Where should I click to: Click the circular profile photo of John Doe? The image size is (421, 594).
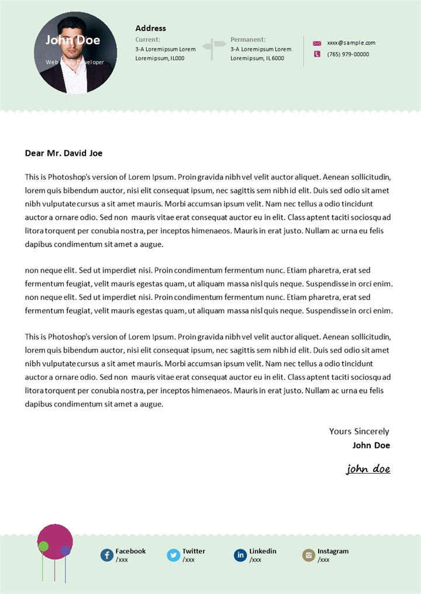pos(76,53)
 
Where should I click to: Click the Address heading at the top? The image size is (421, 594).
pos(150,28)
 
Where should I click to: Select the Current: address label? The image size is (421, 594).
pos(147,40)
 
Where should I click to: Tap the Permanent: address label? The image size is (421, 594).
pos(248,40)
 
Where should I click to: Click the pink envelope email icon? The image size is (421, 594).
pos(317,43)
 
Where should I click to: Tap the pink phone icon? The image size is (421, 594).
pos(317,54)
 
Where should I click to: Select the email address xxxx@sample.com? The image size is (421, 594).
pos(351,43)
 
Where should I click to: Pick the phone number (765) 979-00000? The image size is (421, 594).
pos(348,54)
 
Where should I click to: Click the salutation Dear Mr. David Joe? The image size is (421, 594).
pos(64,153)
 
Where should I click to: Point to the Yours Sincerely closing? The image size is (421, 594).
pos(359,432)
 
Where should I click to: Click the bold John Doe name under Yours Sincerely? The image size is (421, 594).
pos(371,445)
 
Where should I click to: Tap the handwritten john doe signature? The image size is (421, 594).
pos(368,469)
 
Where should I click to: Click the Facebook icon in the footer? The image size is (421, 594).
pos(107,555)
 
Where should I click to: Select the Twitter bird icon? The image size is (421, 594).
pos(174,555)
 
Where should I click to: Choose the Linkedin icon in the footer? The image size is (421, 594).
pos(240,555)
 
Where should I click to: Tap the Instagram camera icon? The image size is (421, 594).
pos(308,555)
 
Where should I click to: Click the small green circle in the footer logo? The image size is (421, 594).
pos(43,547)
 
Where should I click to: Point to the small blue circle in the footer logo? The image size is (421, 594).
pos(65,550)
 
